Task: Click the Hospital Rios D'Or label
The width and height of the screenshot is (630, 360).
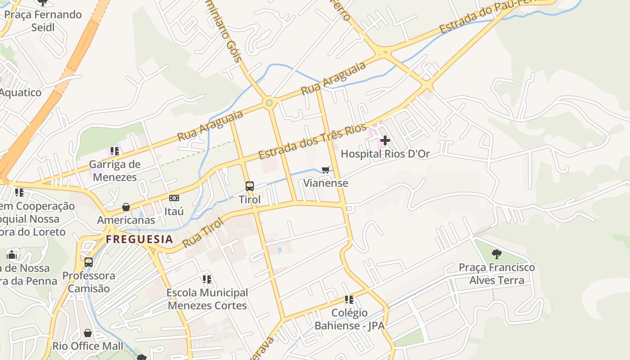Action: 385,154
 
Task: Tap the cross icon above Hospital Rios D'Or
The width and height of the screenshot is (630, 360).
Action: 385,140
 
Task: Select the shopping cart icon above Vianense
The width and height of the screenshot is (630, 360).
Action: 326,170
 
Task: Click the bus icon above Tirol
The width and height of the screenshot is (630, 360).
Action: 249,186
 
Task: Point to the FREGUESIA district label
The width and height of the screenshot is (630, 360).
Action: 139,239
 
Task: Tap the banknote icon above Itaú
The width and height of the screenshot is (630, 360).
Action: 174,198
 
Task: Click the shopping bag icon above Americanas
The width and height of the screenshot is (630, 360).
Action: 126,207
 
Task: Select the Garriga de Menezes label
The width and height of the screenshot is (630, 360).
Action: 115,171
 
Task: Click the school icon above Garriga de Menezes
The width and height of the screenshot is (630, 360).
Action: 115,151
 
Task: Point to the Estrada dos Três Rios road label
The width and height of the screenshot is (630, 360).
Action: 312,142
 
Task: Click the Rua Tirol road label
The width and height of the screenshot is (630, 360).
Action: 203,233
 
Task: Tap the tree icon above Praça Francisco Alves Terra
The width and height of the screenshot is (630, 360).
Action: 497,254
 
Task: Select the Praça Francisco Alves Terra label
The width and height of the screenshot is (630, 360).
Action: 497,274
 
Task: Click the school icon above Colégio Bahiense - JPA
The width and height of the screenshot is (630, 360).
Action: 349,299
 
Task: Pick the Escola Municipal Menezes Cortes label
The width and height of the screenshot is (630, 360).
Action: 207,299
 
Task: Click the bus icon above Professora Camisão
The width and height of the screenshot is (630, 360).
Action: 89,262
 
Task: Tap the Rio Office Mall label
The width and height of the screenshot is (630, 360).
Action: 88,346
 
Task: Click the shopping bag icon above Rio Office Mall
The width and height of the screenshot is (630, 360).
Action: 88,333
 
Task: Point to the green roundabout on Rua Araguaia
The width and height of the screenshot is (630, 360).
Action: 269,103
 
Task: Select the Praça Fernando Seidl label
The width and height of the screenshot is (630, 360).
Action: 43,21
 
